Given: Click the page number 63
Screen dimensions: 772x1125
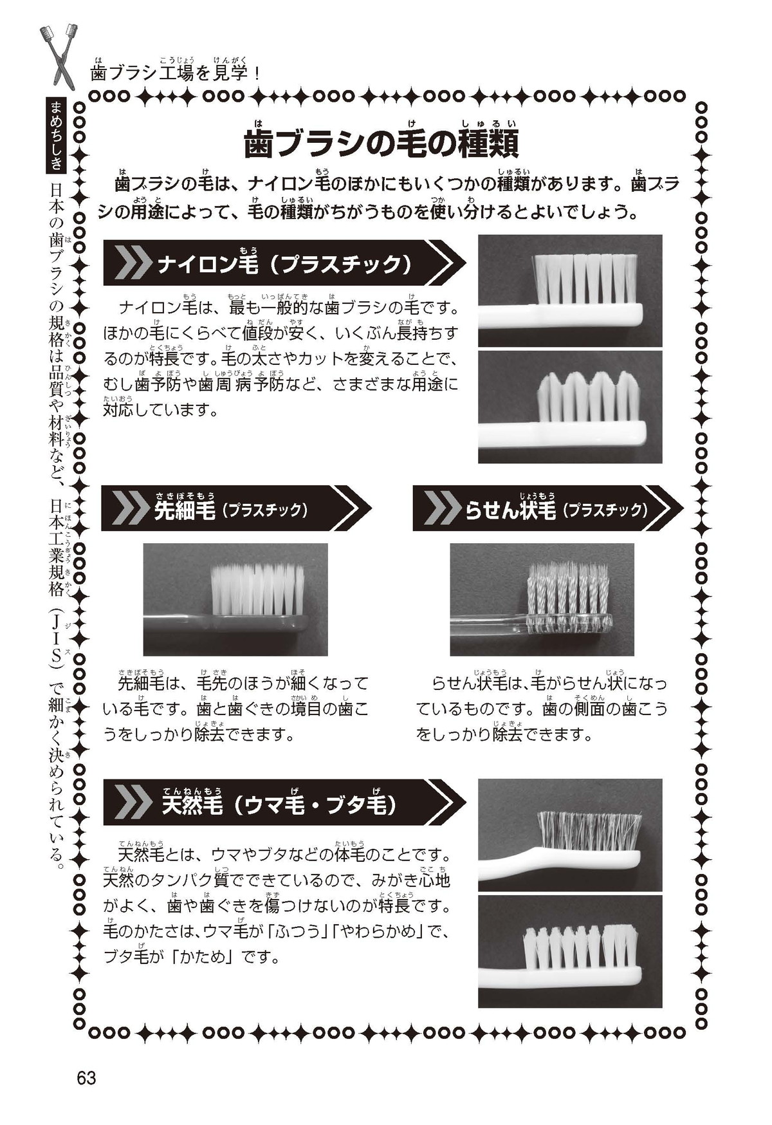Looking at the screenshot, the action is [86, 1077].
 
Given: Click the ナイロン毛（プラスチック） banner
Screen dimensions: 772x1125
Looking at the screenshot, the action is [284, 263].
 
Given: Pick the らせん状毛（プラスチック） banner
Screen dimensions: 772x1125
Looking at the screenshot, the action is [547, 508].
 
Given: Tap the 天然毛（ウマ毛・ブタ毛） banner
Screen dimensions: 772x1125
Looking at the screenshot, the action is [284, 802].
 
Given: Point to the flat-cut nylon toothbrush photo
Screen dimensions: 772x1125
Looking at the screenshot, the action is [570, 290].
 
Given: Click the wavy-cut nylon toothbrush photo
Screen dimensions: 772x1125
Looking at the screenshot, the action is [570, 407].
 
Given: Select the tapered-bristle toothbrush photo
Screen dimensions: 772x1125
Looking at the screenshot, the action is [235, 599].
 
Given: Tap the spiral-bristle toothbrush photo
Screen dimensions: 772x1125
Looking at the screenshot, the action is [542, 599].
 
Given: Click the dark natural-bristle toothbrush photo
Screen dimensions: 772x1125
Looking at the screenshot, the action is [570, 835].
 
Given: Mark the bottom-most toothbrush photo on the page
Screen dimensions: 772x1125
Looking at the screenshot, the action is [570, 951].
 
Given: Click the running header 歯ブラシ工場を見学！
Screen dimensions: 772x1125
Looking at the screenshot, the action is [176, 73].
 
